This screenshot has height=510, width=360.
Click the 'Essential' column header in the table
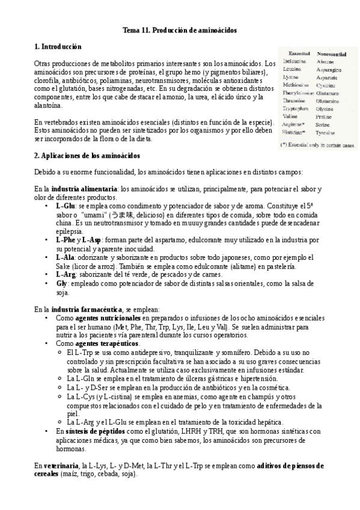click(x=299, y=53)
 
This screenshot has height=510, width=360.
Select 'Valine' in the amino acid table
click(x=290, y=115)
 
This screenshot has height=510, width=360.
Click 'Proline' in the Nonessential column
click(x=325, y=115)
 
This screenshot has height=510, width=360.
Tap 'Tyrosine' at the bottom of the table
click(x=327, y=131)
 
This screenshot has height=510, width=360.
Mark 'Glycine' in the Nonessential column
click(x=326, y=108)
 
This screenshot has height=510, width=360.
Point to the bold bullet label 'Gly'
click(x=61, y=283)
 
